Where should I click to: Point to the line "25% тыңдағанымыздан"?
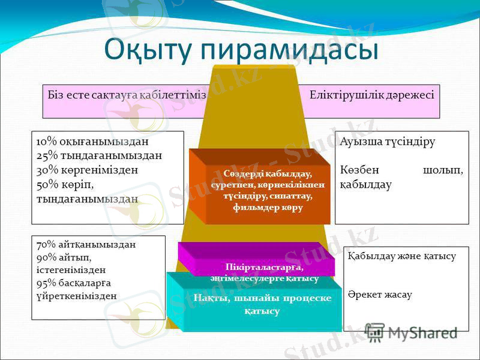99,156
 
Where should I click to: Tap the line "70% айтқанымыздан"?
86,244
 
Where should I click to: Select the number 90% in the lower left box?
46,257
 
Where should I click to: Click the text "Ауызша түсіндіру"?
387,142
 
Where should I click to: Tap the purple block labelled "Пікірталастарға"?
256,266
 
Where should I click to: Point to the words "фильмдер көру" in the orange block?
268,208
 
